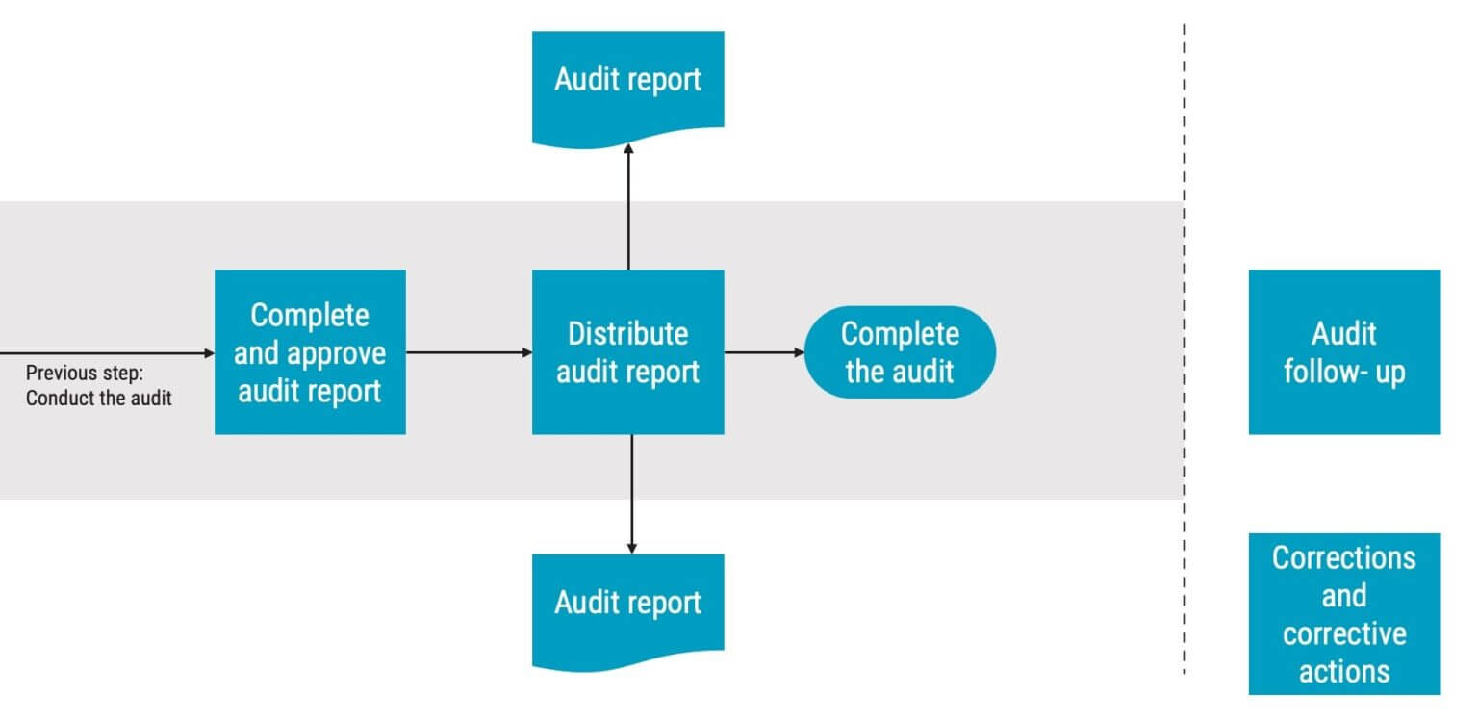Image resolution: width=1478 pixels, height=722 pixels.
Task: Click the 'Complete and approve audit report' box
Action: [310, 352]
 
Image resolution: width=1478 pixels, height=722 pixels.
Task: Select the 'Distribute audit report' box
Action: [627, 352]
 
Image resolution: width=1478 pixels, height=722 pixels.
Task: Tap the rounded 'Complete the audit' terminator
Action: [900, 352]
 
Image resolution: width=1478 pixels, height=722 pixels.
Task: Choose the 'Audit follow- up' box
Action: [1344, 352]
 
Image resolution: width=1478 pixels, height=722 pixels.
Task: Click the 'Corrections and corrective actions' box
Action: [1344, 613]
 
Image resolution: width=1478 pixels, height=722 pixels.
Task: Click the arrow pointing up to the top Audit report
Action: [628, 207]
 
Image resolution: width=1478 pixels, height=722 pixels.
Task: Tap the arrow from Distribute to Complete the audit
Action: [764, 353]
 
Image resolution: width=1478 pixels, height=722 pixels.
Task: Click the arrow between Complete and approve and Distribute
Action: [469, 353]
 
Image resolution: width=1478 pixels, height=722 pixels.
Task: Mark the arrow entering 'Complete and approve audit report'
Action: [106, 353]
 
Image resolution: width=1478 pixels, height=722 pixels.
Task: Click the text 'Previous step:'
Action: [84, 374]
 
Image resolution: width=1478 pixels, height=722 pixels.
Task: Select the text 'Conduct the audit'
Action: [98, 398]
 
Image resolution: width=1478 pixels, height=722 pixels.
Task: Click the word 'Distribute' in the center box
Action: [627, 334]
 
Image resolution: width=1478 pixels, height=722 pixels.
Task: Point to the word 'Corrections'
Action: [1344, 557]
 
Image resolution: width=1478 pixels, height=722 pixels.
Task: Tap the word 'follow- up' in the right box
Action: [1344, 372]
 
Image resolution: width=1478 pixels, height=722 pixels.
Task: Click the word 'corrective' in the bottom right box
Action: [1344, 634]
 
